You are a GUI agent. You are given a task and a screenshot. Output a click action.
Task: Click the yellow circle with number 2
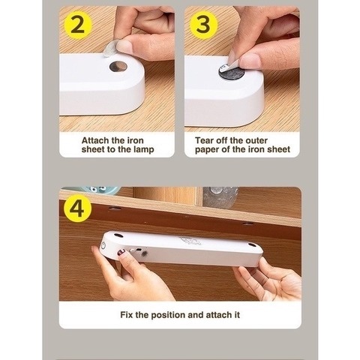78,25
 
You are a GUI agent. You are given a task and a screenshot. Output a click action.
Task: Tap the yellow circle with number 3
204,25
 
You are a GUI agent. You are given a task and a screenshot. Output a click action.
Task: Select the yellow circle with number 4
77,208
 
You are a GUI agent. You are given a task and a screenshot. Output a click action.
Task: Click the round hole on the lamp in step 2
118,66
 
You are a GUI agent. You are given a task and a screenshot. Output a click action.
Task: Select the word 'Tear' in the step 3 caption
204,140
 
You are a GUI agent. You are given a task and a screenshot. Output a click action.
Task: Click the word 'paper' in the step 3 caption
207,150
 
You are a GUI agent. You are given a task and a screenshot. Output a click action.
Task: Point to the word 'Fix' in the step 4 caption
127,314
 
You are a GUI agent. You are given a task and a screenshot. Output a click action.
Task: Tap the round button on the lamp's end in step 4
103,246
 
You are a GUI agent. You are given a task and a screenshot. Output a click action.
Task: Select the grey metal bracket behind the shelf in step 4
220,197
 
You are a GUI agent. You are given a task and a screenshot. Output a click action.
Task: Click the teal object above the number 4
98,190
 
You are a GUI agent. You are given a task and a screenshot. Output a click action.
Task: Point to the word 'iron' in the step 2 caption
135,140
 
